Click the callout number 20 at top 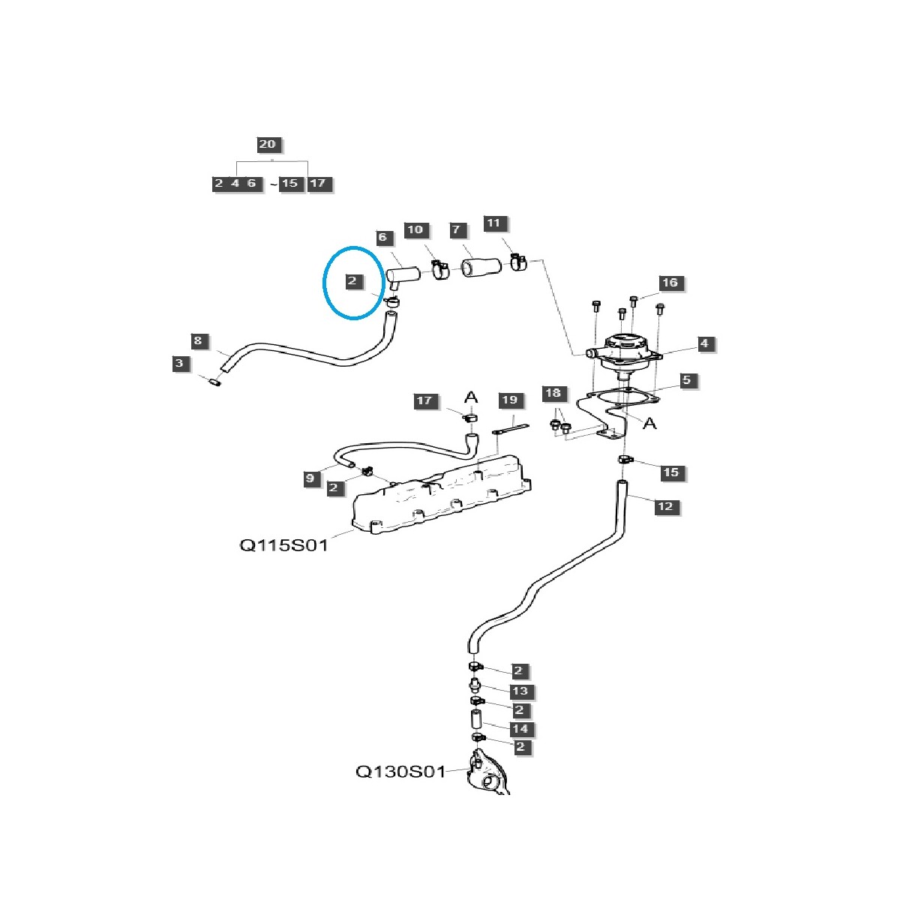[x=267, y=145]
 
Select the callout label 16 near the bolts [x=670, y=283]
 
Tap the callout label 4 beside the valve [x=704, y=343]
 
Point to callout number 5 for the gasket [x=686, y=380]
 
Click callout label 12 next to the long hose [x=665, y=506]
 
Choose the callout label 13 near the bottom [x=520, y=691]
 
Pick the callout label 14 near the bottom [x=520, y=728]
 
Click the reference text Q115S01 [x=283, y=545]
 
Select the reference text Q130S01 [x=400, y=771]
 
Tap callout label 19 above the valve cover [x=509, y=400]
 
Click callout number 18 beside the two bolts [x=553, y=393]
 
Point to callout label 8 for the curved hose [x=197, y=341]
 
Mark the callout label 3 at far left [x=178, y=364]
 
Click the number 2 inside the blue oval [x=354, y=282]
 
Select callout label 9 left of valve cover [x=309, y=478]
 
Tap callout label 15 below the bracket [x=670, y=472]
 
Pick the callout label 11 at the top [x=493, y=223]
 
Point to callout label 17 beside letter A [x=424, y=400]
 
